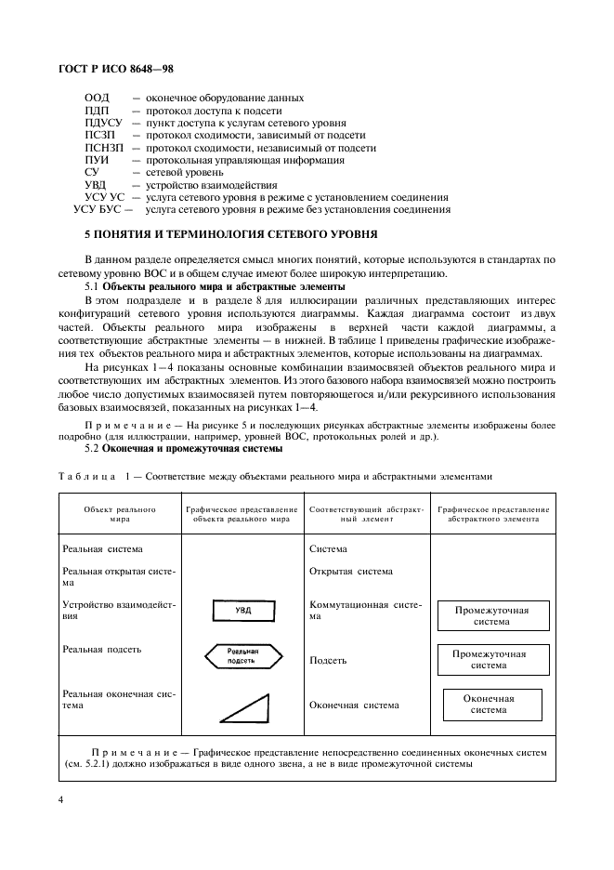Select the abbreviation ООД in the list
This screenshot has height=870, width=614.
[97, 98]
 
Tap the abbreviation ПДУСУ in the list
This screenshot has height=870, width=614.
[103, 123]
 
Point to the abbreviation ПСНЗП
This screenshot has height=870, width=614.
[103, 148]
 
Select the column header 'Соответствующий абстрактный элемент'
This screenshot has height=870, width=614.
[367, 515]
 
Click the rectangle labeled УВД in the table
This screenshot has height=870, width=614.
[242, 611]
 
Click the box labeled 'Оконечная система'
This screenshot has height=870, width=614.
[489, 704]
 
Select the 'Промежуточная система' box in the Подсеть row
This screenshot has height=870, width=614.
[489, 659]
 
